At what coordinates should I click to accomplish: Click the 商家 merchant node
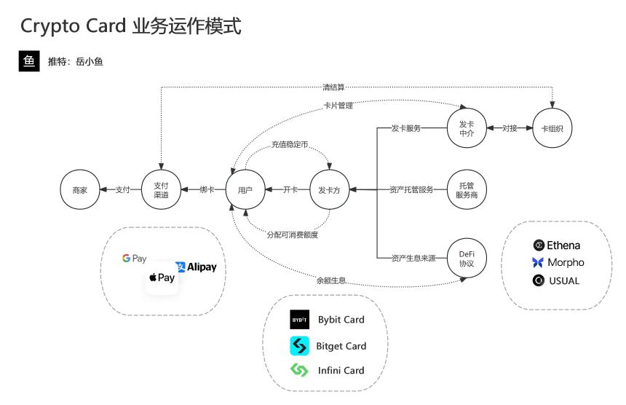pyautogui.click(x=79, y=190)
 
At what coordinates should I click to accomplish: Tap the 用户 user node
pyautogui.click(x=245, y=190)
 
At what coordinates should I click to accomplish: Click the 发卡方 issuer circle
pyautogui.click(x=330, y=190)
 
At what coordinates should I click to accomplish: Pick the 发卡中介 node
pyautogui.click(x=466, y=128)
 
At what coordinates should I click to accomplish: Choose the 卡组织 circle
pyautogui.click(x=552, y=128)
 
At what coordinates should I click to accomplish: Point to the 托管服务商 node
pyautogui.click(x=467, y=190)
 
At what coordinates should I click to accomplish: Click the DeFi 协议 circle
pyautogui.click(x=467, y=258)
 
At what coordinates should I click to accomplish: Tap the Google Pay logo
pyautogui.click(x=135, y=259)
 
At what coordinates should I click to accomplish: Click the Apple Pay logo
pyautogui.click(x=162, y=278)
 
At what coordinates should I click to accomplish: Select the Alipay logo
pyautogui.click(x=196, y=267)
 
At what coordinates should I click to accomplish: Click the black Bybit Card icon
pyautogui.click(x=300, y=320)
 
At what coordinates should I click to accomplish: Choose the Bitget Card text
pyautogui.click(x=341, y=346)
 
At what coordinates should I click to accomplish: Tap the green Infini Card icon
pyautogui.click(x=300, y=370)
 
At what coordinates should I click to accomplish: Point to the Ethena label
pyautogui.click(x=564, y=245)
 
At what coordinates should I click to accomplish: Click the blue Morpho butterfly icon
pyautogui.click(x=538, y=262)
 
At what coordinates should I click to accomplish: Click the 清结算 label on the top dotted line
pyautogui.click(x=333, y=87)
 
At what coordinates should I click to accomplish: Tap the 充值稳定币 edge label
pyautogui.click(x=289, y=146)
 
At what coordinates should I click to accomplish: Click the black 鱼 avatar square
pyautogui.click(x=29, y=61)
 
